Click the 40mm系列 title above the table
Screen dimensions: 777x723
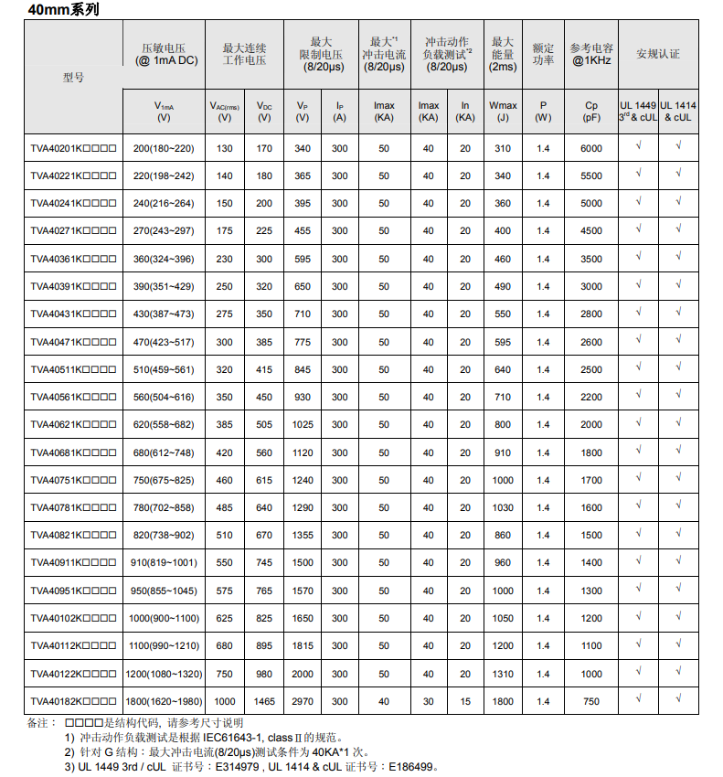tap(63, 10)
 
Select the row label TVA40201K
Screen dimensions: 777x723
tap(73, 148)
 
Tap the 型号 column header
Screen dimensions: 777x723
tap(73, 78)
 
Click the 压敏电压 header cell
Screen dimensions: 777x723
tap(164, 53)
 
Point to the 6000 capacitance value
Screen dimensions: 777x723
tap(591, 148)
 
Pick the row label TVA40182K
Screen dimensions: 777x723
tap(73, 701)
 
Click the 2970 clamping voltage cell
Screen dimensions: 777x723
tap(303, 701)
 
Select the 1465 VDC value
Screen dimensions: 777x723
tap(264, 701)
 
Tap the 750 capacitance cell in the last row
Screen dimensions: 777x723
tap(591, 701)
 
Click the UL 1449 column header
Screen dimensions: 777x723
tap(638, 112)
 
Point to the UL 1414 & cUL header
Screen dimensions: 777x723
tap(678, 112)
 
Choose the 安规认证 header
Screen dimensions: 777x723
tap(658, 53)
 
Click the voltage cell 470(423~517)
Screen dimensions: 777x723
tap(164, 342)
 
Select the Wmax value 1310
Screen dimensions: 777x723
tap(503, 674)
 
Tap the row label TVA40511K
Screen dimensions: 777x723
tap(73, 369)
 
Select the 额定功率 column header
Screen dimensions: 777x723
tap(543, 53)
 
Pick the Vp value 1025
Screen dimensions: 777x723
tap(303, 424)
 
